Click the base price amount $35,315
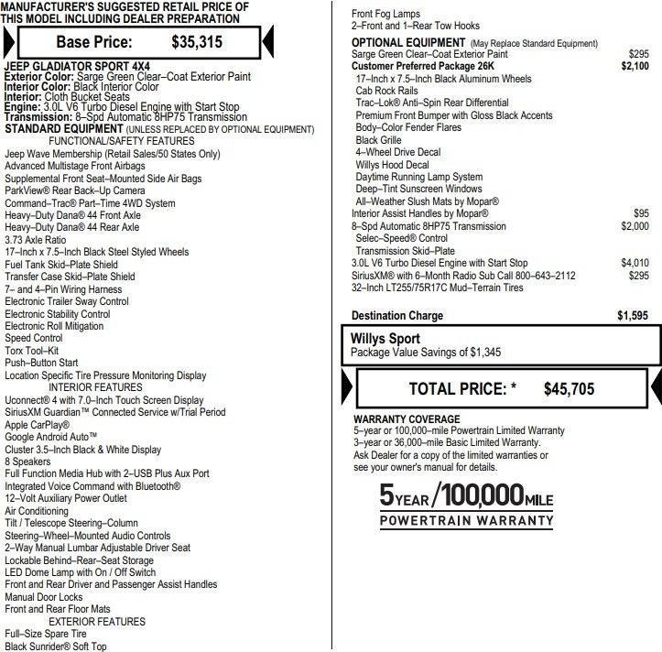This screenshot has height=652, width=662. (x=196, y=42)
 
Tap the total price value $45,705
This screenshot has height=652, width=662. (x=568, y=388)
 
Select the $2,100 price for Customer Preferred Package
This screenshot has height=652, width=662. (x=634, y=66)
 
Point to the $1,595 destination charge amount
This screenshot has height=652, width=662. (x=633, y=316)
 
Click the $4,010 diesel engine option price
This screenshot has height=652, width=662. (x=635, y=263)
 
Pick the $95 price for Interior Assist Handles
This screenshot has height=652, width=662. (x=641, y=213)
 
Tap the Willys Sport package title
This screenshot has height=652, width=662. (x=385, y=339)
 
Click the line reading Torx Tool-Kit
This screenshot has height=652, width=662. (x=33, y=351)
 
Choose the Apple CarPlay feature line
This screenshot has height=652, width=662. (x=38, y=425)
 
